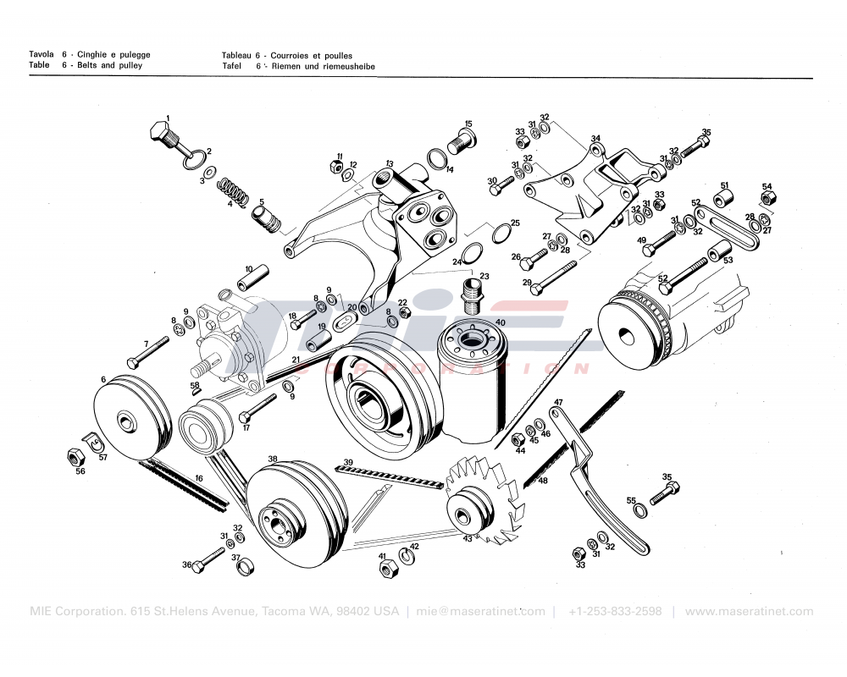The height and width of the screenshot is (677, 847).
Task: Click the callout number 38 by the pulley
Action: click(273, 460)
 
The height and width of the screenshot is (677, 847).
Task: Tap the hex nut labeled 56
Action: click(75, 458)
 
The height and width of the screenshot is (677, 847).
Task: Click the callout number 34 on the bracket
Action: click(595, 139)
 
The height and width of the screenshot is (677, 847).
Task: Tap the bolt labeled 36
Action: click(208, 559)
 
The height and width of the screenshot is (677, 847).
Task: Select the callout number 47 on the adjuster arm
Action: click(558, 402)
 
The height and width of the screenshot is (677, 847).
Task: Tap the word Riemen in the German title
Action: click(285, 66)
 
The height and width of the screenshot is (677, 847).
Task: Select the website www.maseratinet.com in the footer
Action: click(749, 612)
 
